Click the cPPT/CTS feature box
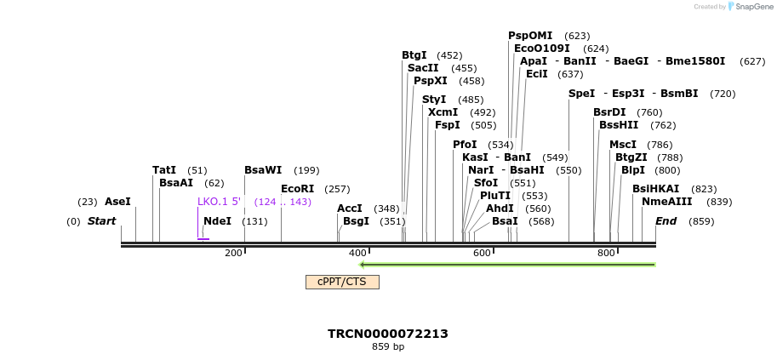tap(342, 282)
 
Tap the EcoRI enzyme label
tap(298, 189)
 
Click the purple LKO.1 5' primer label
tap(219, 202)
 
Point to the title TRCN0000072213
tap(388, 334)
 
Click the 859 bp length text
tap(388, 347)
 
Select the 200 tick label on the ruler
tap(233, 253)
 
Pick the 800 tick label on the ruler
tap(606, 253)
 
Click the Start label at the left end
tap(101, 221)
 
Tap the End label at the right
tap(666, 221)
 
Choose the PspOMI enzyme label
tap(530, 36)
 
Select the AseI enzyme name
tap(117, 202)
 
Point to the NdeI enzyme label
tap(217, 221)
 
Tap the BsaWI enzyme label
tap(263, 170)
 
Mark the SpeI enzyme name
tap(581, 94)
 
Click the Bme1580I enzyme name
tap(695, 61)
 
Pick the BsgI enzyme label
tap(356, 221)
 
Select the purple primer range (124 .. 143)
tap(283, 202)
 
